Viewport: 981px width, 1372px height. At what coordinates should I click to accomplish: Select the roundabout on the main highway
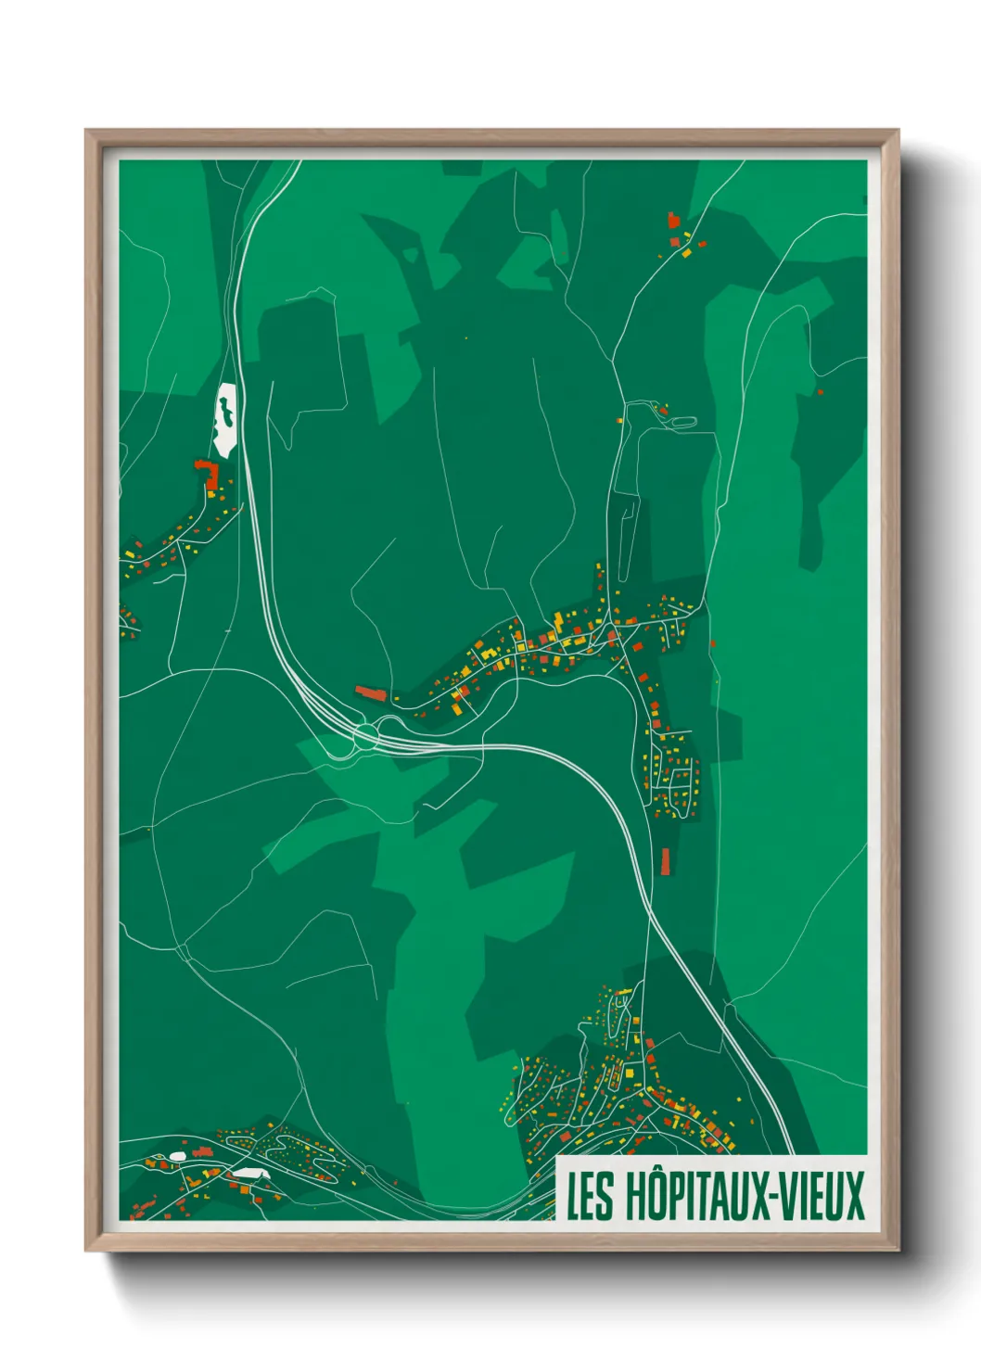(x=365, y=738)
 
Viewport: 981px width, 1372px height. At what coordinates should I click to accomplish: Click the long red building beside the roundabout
(x=372, y=692)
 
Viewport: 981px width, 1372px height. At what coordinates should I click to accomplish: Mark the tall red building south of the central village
(x=665, y=860)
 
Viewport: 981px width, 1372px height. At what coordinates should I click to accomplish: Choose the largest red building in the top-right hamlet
(x=673, y=220)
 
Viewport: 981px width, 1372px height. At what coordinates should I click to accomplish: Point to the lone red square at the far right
(x=820, y=392)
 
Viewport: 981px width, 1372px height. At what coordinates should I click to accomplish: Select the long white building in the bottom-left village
(x=248, y=1173)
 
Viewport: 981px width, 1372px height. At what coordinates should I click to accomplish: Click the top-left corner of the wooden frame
(x=87, y=132)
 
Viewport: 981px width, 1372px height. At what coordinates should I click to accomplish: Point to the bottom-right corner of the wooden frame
(x=897, y=1249)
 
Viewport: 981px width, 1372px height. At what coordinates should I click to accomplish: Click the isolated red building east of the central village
(x=712, y=642)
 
